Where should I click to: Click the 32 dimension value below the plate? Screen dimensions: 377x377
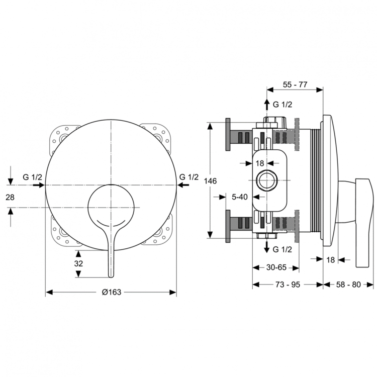click(78, 263)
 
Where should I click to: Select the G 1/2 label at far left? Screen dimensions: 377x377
click(33, 177)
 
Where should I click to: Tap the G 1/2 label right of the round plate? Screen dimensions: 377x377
click(189, 177)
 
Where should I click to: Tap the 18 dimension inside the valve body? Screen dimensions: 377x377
click(259, 163)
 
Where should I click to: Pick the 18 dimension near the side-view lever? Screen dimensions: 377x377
click(330, 259)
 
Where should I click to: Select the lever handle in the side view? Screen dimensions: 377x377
click(363, 221)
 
